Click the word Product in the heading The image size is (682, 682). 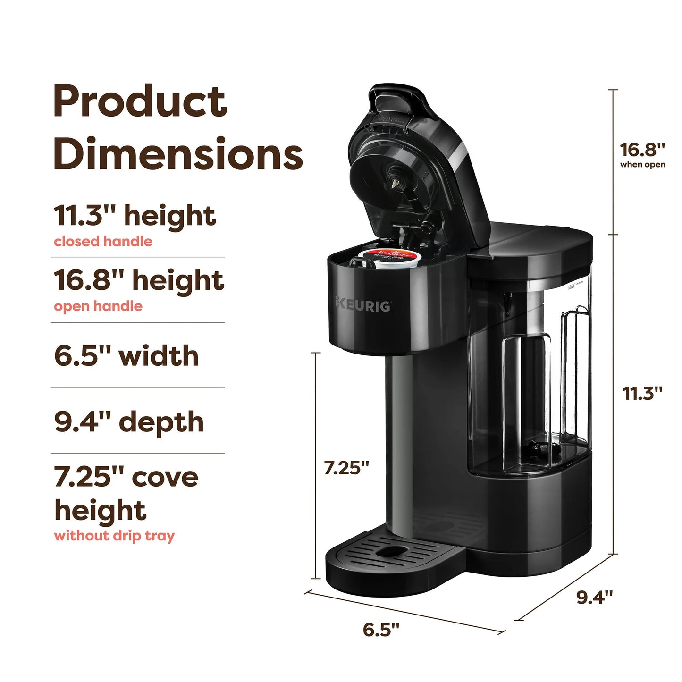point(140,101)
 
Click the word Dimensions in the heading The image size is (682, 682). point(177,154)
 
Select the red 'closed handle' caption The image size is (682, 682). point(103,242)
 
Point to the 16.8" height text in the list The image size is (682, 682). point(138,280)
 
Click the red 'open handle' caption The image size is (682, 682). point(98,306)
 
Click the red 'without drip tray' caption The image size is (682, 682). point(114,536)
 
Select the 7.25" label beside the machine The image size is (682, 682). point(346,468)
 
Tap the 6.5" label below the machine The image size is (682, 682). point(381,630)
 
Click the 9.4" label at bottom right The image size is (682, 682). point(594,597)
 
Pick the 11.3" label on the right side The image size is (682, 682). point(642,393)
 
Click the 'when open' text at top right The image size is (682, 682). point(642,165)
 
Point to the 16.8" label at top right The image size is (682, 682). point(642,150)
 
